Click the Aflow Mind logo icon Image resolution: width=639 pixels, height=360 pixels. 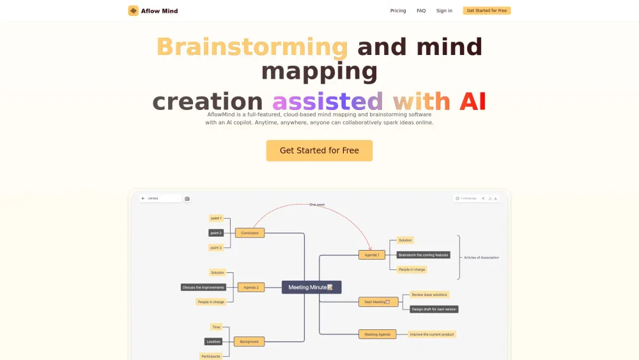pos(134,11)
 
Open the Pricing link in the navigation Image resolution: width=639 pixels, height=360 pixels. pos(398,11)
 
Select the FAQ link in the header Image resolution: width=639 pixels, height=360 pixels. pos(421,11)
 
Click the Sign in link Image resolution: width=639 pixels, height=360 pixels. pos(444,11)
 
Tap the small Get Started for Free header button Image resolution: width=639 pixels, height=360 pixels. pos(487,11)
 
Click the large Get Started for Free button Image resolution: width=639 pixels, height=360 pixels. pos(319,151)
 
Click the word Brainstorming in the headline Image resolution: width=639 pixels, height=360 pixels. pos(252,47)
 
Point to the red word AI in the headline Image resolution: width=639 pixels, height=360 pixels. pos(472,102)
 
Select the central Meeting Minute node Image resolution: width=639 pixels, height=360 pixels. pos(312,287)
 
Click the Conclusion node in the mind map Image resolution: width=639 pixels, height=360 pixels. pos(250,233)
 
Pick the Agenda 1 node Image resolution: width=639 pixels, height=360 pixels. pos(372,254)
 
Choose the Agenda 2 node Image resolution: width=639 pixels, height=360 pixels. pos(250,287)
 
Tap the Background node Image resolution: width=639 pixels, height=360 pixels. pos(249,341)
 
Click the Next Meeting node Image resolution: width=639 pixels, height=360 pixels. pos(378,302)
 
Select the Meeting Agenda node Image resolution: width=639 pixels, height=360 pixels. pos(378,334)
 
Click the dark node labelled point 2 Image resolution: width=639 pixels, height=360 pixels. pos(216,233)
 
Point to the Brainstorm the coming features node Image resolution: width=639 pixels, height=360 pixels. pos(423,254)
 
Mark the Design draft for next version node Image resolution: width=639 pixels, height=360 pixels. pos(434,309)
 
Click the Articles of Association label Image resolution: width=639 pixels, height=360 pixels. pos(481,258)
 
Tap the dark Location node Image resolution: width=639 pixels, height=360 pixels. pos(213,341)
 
